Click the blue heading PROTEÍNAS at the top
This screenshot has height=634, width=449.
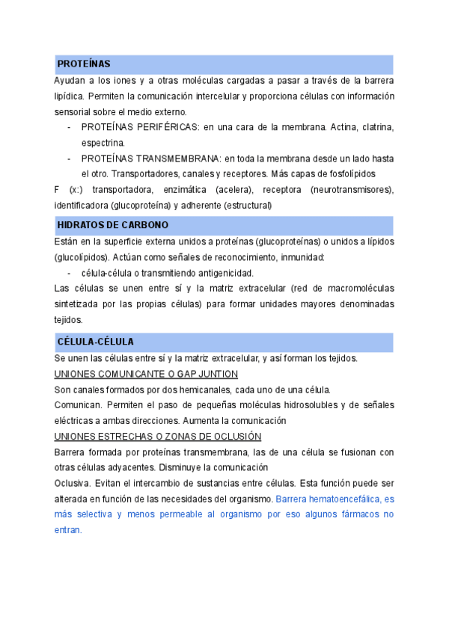pyautogui.click(x=84, y=64)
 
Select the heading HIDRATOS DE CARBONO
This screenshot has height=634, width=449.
pyautogui.click(x=112, y=225)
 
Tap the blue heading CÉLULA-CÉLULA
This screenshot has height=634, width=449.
pyautogui.click(x=96, y=342)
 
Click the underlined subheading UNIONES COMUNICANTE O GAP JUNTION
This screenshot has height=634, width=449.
pyautogui.click(x=147, y=374)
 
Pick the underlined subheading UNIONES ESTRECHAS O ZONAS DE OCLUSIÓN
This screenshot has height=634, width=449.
pyautogui.click(x=158, y=437)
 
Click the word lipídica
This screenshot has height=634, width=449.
pyautogui.click(x=70, y=96)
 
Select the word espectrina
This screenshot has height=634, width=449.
pyautogui.click(x=103, y=142)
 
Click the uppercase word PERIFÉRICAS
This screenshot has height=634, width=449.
pyautogui.click(x=164, y=127)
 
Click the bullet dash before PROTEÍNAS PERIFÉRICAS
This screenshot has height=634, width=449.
pyautogui.click(x=70, y=127)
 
